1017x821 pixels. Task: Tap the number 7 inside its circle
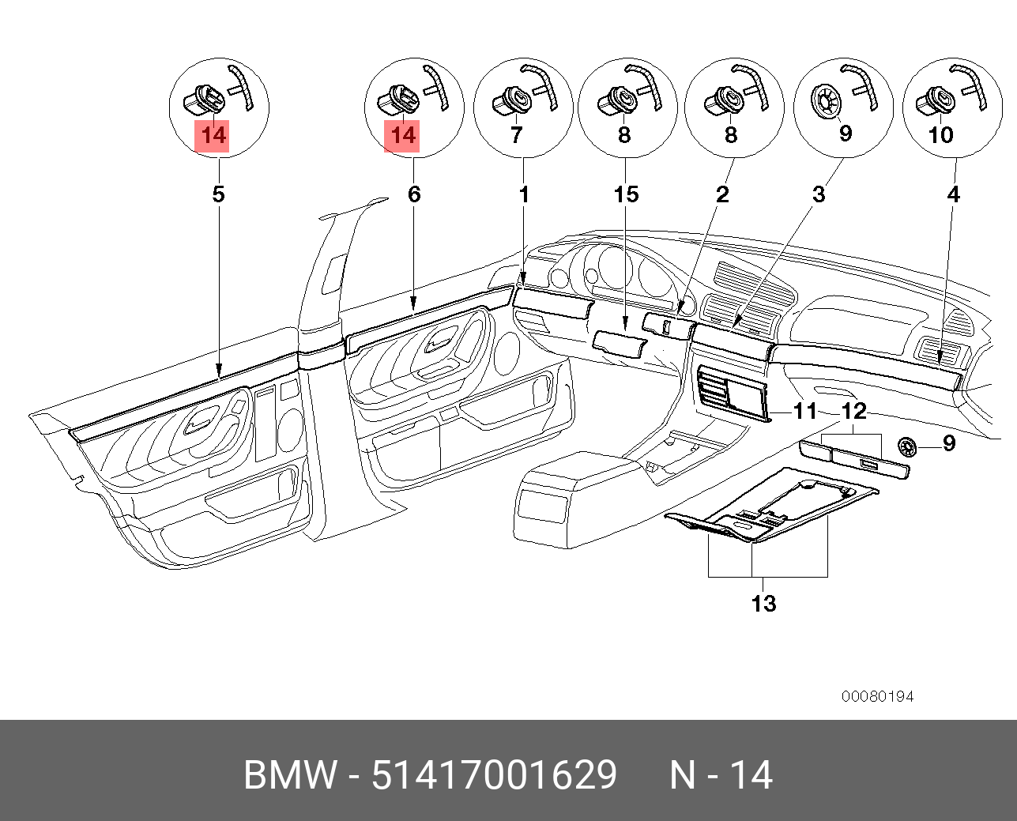(516, 135)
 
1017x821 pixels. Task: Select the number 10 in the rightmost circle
(941, 135)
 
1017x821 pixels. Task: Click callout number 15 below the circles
(626, 194)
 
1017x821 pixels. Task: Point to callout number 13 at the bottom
(763, 604)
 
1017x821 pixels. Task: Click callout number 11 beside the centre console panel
(804, 411)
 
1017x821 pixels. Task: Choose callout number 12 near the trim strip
(854, 411)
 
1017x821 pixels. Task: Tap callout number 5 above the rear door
(219, 194)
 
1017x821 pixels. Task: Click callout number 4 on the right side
(954, 194)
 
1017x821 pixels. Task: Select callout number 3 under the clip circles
(819, 194)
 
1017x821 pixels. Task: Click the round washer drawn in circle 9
(824, 101)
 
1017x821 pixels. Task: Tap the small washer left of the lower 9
(908, 446)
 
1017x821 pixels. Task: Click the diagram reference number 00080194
(877, 696)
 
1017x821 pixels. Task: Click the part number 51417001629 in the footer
(494, 775)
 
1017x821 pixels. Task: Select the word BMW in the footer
(290, 775)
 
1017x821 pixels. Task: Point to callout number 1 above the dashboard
(524, 194)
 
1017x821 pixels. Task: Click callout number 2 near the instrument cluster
(722, 194)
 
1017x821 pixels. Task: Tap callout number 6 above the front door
(414, 194)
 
